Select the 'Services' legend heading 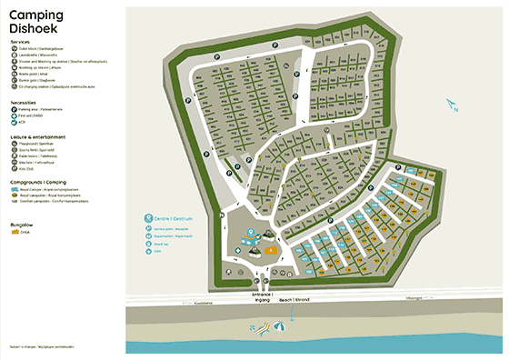(20, 42)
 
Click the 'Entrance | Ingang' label (262, 297)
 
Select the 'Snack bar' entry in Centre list (162, 245)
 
